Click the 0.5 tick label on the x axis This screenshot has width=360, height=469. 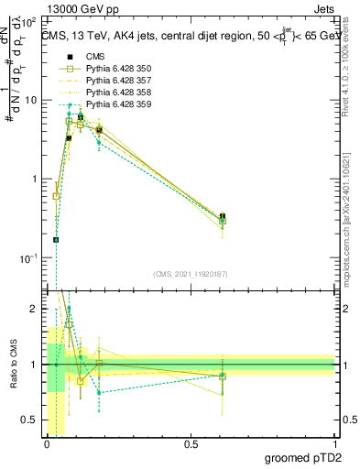click(191, 444)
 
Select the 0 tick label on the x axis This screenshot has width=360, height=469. click(47, 444)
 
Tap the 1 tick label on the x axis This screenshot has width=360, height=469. click(334, 444)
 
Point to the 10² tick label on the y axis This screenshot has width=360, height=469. click(30, 19)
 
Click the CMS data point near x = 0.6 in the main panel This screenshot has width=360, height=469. click(223, 216)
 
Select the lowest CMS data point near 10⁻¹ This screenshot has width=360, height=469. click(56, 240)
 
